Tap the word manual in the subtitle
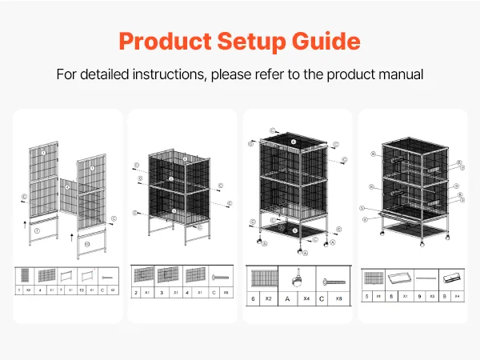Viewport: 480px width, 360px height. coord(397,74)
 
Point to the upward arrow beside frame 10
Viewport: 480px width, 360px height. coord(71,237)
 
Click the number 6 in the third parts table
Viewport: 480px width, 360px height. coord(254,298)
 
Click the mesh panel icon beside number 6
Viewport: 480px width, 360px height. coord(263,279)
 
